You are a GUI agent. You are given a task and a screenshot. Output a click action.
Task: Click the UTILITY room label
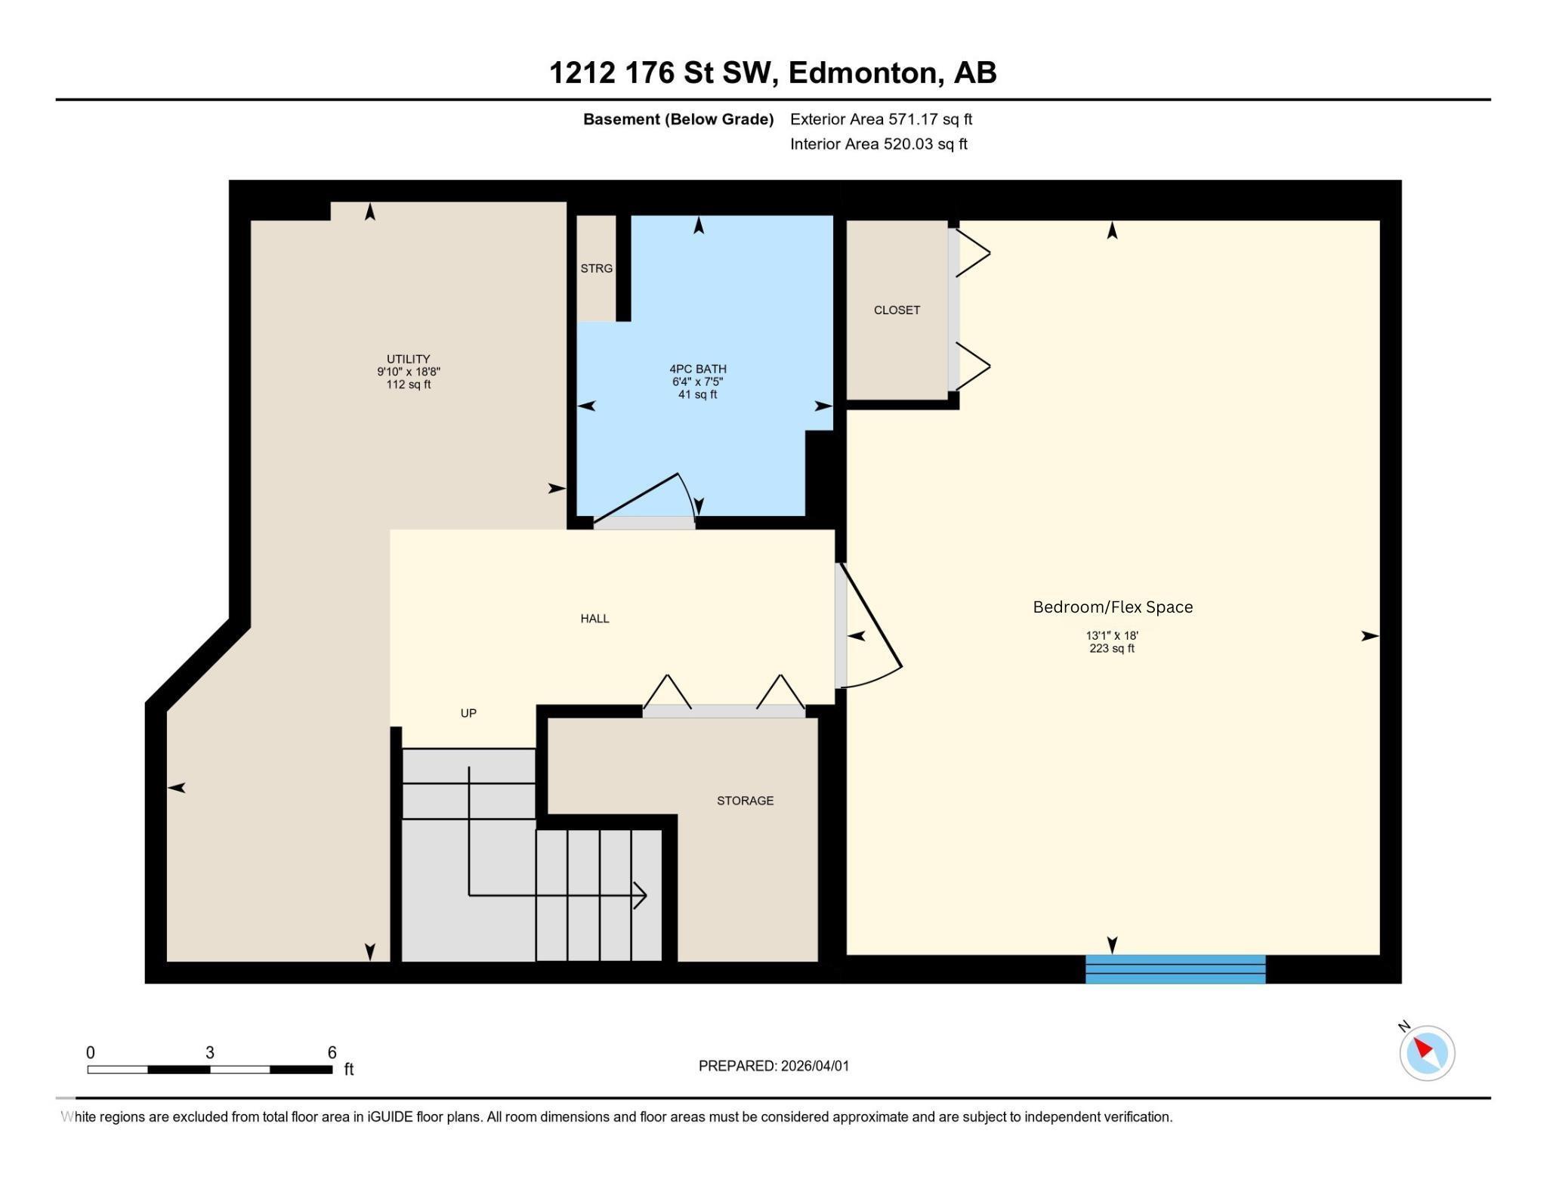tap(408, 359)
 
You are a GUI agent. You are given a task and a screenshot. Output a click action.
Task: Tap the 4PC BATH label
tap(697, 369)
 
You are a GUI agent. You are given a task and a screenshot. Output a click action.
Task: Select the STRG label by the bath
tap(596, 268)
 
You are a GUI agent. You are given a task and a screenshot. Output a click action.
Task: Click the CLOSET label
tap(897, 310)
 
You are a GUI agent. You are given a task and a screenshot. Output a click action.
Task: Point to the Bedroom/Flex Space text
tap(1112, 607)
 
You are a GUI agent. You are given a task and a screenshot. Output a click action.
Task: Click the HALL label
tap(594, 619)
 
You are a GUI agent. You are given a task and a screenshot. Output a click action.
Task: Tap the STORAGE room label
tap(745, 801)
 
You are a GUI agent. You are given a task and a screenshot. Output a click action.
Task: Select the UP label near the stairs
tap(468, 713)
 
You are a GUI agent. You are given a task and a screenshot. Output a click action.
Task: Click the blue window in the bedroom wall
tap(1175, 969)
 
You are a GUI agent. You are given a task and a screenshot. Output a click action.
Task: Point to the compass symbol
tap(1426, 1052)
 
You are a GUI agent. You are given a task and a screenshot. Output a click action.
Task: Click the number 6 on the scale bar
tap(332, 1052)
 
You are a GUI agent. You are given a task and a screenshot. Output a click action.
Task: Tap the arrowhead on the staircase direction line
tap(641, 896)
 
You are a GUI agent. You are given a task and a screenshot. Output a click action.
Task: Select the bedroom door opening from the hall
tap(869, 627)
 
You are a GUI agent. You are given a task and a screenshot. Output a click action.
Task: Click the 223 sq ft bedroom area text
tap(1111, 648)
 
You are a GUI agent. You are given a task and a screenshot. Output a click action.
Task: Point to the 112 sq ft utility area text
tap(408, 384)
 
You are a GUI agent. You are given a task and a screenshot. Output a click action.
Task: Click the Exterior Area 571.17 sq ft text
tap(881, 119)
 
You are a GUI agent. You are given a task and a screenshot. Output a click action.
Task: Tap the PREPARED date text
tap(773, 1066)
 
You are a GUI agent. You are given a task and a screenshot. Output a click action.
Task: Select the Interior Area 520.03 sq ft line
tap(878, 144)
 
